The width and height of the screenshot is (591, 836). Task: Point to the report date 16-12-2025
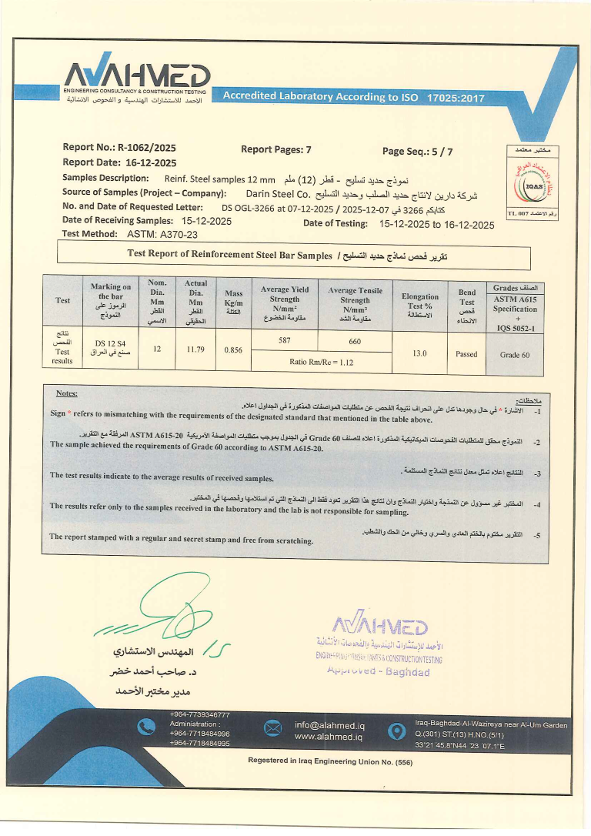pos(149,162)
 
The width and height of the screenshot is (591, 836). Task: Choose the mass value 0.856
pos(233,349)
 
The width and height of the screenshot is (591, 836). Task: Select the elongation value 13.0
pos(419,353)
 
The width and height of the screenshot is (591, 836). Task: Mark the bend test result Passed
pos(466,354)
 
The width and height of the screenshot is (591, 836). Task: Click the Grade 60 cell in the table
pos(515,354)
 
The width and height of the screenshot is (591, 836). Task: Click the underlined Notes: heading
pos(67,393)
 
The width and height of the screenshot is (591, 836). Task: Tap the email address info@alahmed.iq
pos(329,724)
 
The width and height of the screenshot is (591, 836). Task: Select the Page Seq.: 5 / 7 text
pos(418,152)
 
